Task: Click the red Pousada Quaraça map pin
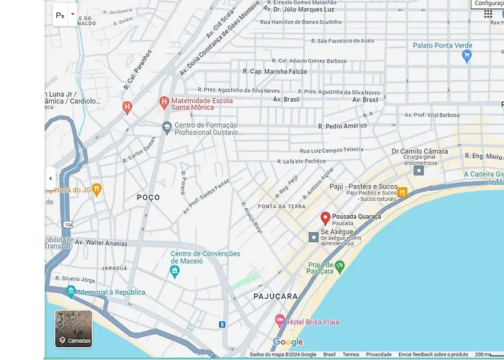tap(325, 217)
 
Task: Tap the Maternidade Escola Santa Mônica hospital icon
tap(164, 102)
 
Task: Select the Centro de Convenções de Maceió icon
tap(174, 271)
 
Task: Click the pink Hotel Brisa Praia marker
tap(280, 320)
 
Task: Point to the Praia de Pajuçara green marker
tap(340, 266)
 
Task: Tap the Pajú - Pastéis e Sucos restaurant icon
tap(402, 192)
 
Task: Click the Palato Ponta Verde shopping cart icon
tap(467, 55)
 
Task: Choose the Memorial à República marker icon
tap(71, 292)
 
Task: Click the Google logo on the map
tap(288, 342)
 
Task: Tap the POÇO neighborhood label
tap(148, 197)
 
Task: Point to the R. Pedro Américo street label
tap(342, 126)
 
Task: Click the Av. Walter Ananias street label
tap(101, 243)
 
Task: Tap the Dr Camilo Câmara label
tap(419, 152)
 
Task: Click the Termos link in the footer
tap(351, 354)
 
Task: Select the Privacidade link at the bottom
tap(379, 354)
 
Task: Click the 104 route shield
tap(68, 225)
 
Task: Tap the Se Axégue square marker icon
tap(313, 237)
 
